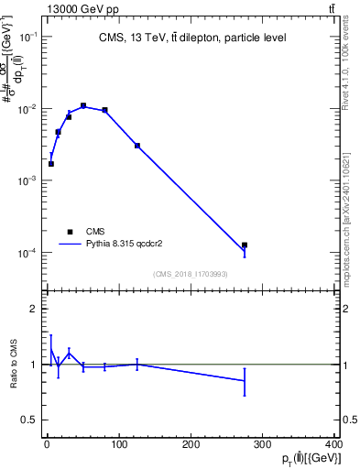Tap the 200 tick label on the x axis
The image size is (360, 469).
coord(191,446)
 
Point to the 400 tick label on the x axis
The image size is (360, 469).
coord(333,446)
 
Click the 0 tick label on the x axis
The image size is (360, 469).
coord(47,446)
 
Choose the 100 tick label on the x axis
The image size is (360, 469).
coord(119,446)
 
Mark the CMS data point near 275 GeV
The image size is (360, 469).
coord(245,245)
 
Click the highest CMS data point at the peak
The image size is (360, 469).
coord(83,105)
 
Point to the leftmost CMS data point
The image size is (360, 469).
coord(51,164)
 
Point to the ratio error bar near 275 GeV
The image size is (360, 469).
coord(245,380)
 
